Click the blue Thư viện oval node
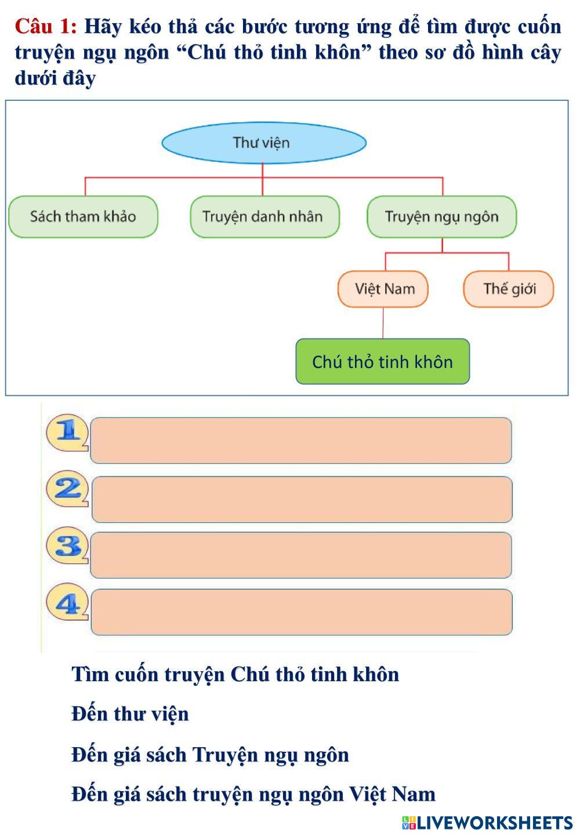[264, 143]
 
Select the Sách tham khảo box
[83, 217]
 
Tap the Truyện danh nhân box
[264, 217]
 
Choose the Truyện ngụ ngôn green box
[441, 217]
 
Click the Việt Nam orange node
[383, 289]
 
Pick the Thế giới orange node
[509, 289]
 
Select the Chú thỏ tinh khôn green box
[383, 361]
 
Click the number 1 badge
[67, 432]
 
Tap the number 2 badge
[67, 489]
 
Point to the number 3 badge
[67, 545]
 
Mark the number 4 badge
[67, 602]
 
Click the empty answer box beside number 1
[301, 441]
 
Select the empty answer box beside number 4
[302, 612]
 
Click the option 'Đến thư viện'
[130, 715]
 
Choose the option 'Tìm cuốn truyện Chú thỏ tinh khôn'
[235, 675]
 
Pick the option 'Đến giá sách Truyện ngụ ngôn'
[210, 755]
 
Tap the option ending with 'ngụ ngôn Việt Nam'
[253, 794]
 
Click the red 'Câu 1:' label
[46, 27]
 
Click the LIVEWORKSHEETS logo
[487, 823]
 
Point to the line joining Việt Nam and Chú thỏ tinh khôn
[383, 323]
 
